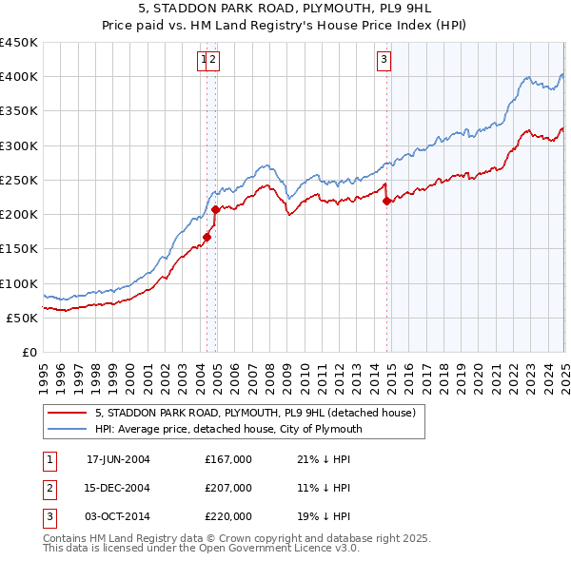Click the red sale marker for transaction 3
click(386, 201)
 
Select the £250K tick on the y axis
click(19, 180)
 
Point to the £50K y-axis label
click(23, 318)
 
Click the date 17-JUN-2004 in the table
click(118, 459)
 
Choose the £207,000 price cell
click(228, 488)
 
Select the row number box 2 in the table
click(47, 488)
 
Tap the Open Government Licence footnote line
click(201, 550)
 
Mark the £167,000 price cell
click(228, 459)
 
